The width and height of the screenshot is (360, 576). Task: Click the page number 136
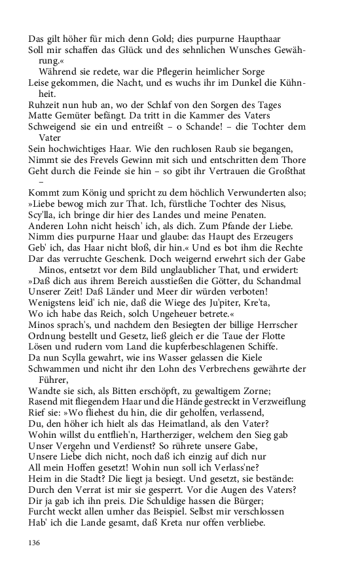[x=35, y=541]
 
